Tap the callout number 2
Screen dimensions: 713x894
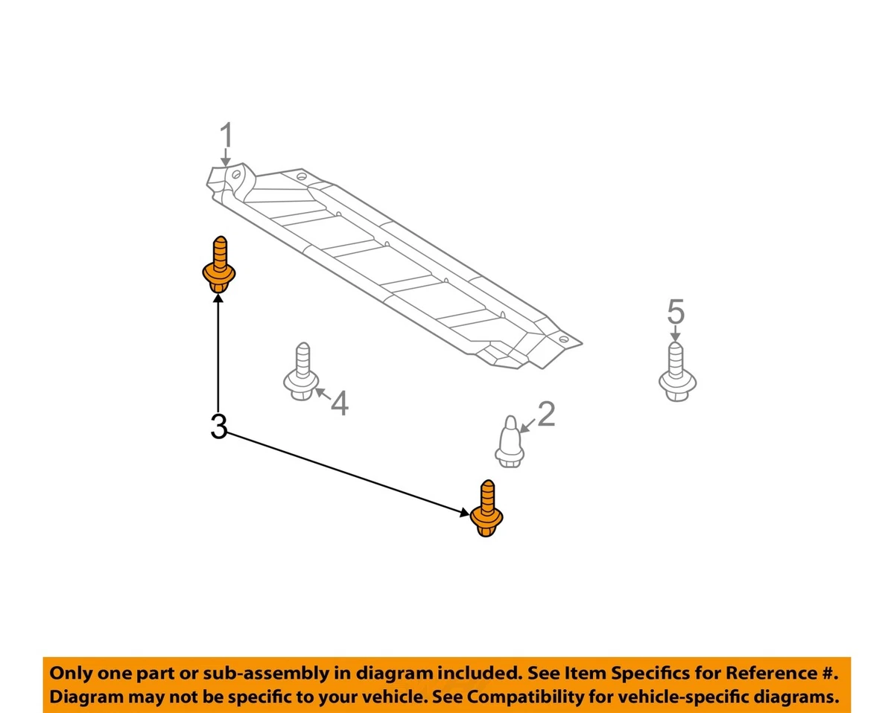546,415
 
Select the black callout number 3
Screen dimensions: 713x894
218,427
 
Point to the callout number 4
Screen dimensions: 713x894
340,403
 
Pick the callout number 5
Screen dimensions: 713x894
675,311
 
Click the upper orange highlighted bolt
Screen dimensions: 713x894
218,267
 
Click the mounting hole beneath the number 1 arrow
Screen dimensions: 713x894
236,175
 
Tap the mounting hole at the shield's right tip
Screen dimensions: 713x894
564,340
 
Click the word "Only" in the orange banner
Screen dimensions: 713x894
72,674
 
